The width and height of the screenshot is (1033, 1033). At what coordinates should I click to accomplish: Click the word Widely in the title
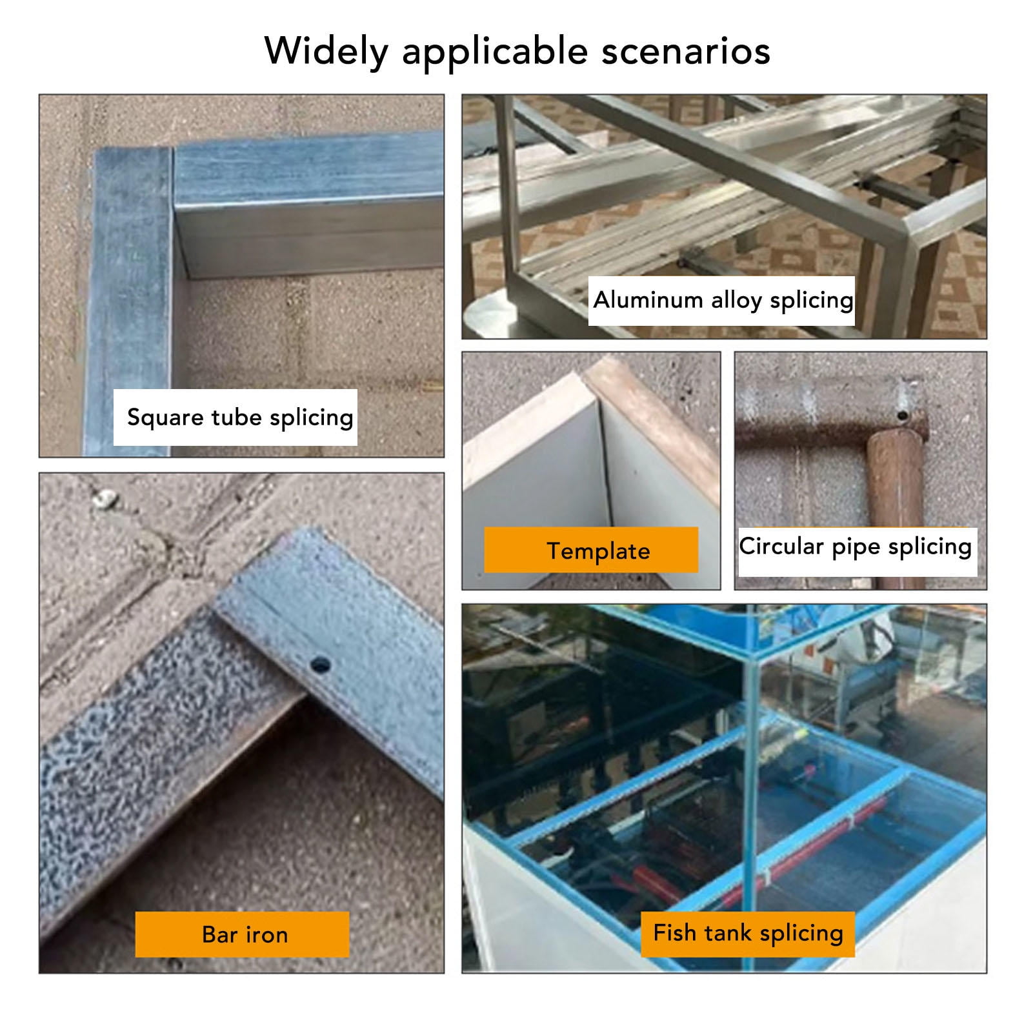pyautogui.click(x=326, y=51)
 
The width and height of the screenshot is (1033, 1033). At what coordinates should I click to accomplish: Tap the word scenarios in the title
pyautogui.click(x=686, y=51)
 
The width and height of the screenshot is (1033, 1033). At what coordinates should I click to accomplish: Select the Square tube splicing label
pyautogui.click(x=236, y=417)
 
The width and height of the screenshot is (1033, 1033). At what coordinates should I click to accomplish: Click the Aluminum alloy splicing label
pyautogui.click(x=721, y=301)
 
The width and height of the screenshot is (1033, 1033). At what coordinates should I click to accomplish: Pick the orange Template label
pyautogui.click(x=591, y=550)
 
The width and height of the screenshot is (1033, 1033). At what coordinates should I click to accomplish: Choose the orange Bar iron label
pyautogui.click(x=242, y=934)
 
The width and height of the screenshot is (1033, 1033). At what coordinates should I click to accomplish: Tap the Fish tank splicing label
pyautogui.click(x=748, y=934)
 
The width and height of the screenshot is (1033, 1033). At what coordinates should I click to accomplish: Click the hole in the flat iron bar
pyautogui.click(x=319, y=665)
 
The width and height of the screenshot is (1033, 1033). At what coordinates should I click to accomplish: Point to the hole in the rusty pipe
pyautogui.click(x=902, y=416)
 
